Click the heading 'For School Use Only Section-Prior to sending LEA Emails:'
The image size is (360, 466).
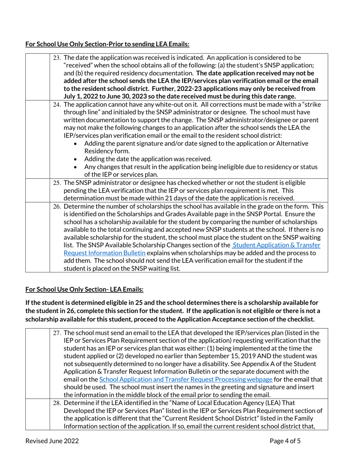point(107,44)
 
